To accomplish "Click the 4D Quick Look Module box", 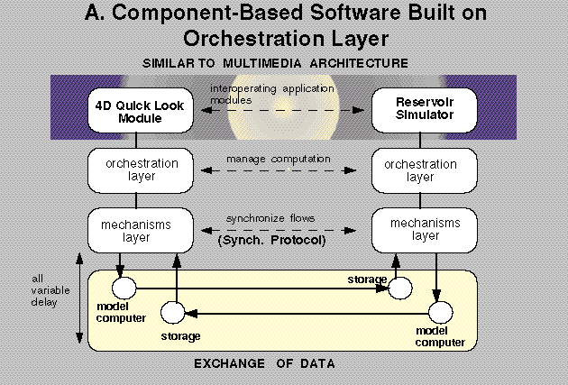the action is pos(141,111).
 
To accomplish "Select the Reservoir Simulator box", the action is pos(424,111).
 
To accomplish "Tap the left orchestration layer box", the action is pos(141,170).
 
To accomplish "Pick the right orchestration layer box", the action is pos(424,170).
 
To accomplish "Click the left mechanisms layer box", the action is pos(141,230).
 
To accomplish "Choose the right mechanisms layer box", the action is pos(424,230).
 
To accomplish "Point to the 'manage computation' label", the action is pos(279,160).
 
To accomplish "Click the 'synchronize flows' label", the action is pos(270,218).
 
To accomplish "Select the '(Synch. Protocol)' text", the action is pos(271,240).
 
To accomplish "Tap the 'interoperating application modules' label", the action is pos(271,94).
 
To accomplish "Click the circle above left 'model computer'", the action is pos(124,289).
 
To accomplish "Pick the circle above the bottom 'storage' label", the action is pos(173,313).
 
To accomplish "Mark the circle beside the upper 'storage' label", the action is pos(400,289).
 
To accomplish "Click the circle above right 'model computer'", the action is pos(441,312).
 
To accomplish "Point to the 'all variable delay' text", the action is pos(50,290).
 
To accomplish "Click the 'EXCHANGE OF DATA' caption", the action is pos(264,363).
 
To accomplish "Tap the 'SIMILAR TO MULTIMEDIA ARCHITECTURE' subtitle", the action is pos(275,63).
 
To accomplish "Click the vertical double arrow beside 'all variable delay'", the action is pos(79,298).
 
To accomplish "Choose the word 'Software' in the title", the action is pos(355,13).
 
